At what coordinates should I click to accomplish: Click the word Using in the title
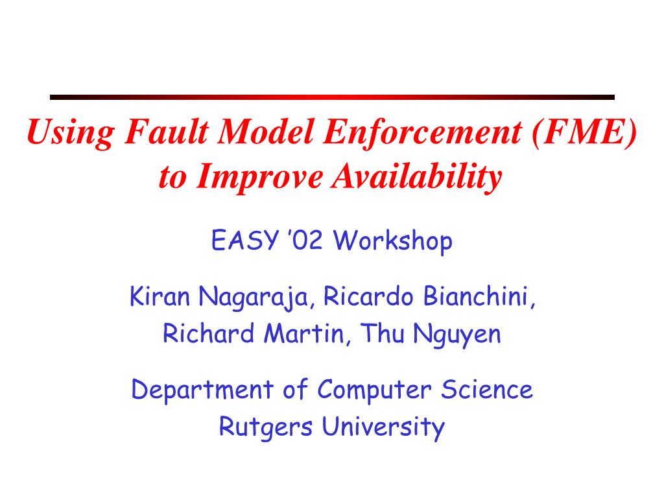coord(70,133)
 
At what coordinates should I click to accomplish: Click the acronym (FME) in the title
coord(584,132)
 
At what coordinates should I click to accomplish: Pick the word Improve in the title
coord(259,177)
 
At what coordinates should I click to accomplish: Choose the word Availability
coord(417,177)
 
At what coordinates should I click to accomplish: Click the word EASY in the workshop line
coord(244,240)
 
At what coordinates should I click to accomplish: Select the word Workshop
coord(393,241)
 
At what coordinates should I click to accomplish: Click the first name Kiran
coord(160,296)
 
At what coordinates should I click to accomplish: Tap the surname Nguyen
coord(457,335)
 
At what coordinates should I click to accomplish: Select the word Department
coord(202,390)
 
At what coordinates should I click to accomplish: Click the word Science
coord(486,389)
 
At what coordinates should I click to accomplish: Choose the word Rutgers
coord(265,427)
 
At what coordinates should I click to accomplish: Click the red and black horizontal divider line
coord(332,97)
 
